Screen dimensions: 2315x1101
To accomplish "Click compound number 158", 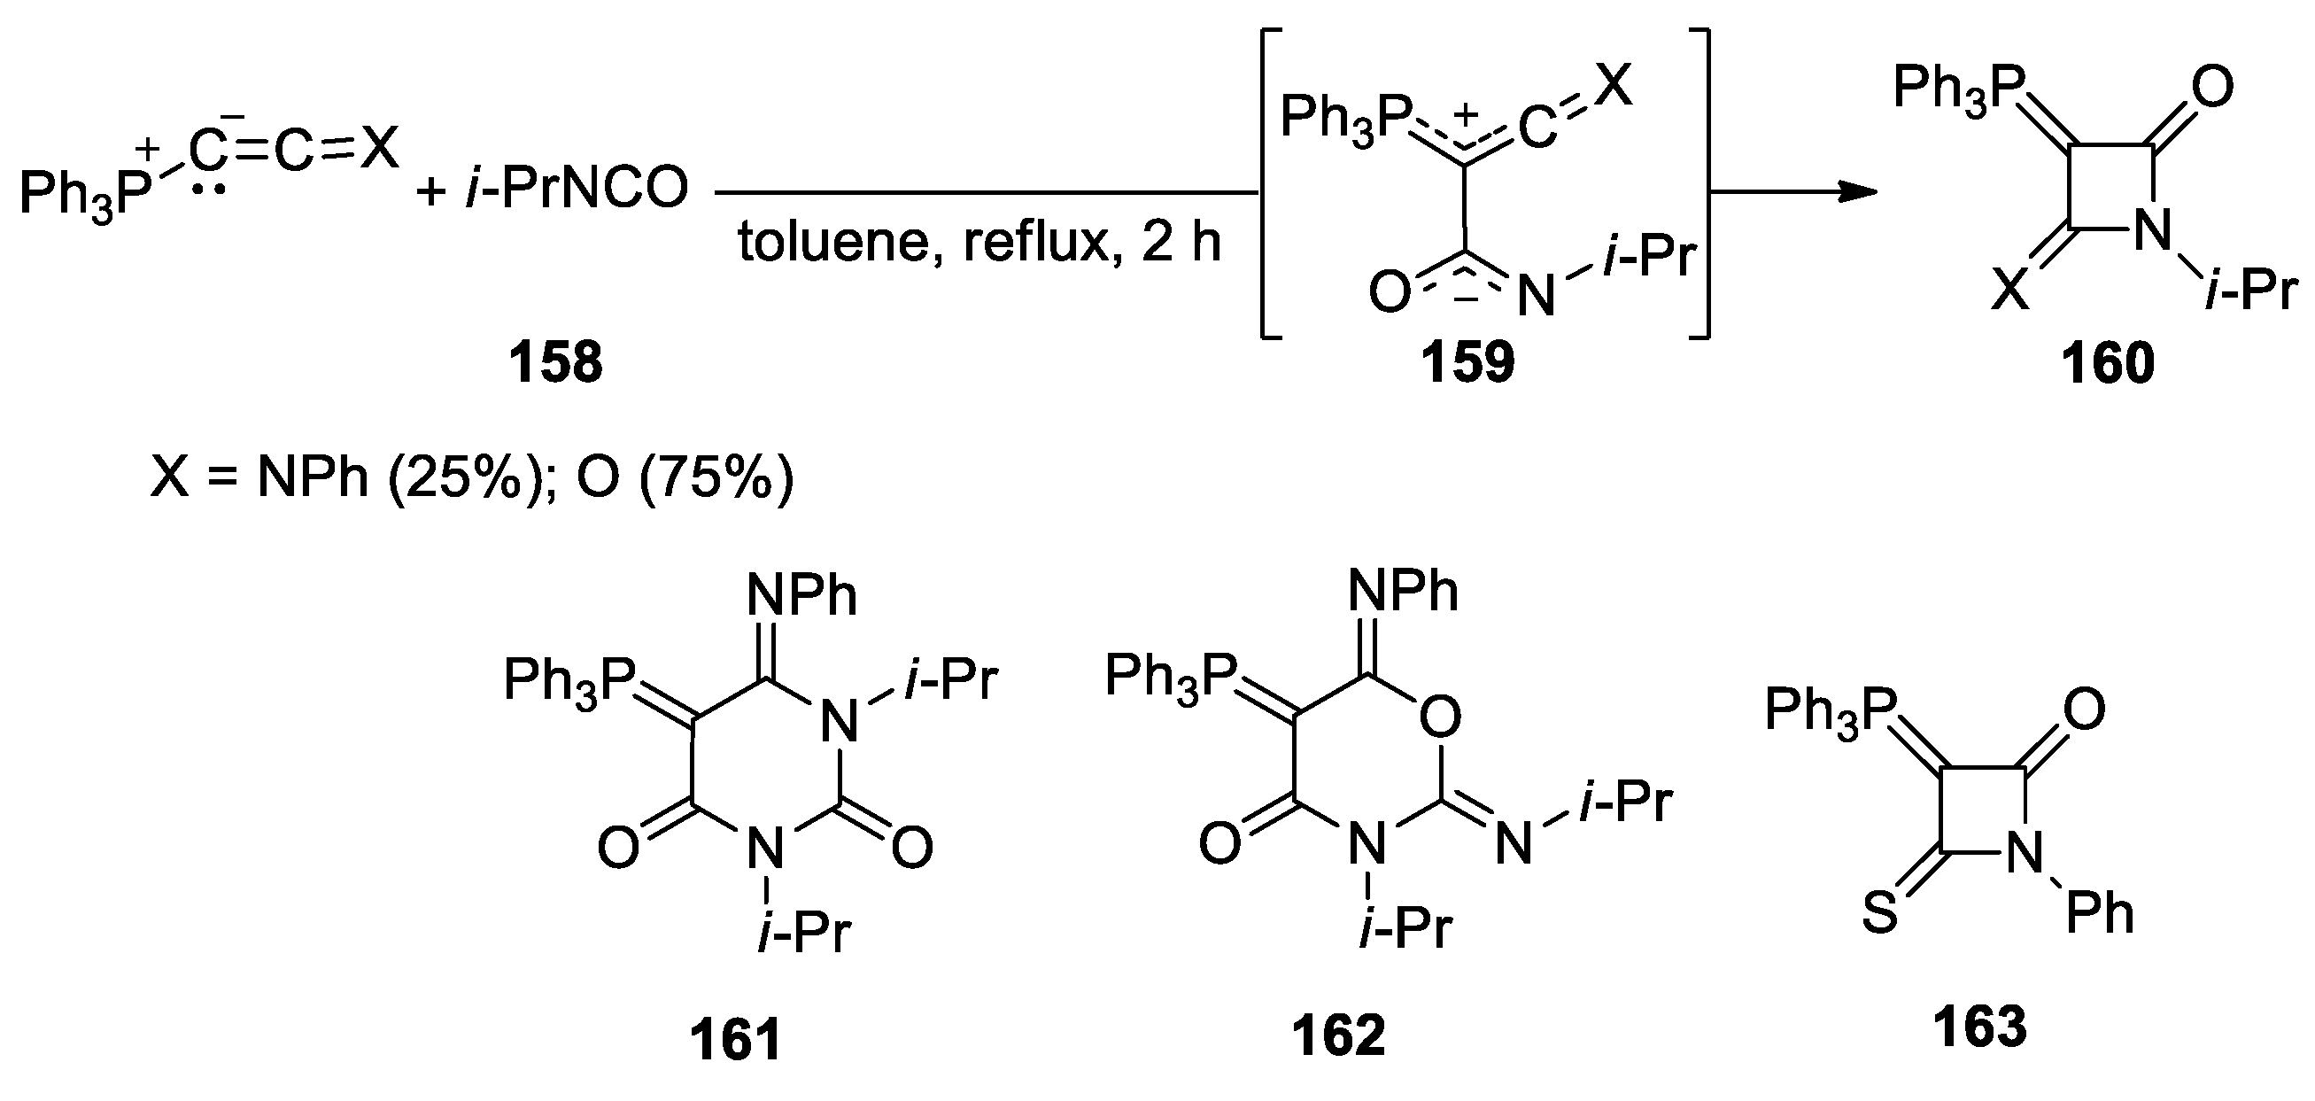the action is (555, 362).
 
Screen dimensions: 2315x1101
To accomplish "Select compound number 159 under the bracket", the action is (1467, 362).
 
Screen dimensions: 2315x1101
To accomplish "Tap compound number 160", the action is (2108, 364).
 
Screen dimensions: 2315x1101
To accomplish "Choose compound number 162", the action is (1338, 1035).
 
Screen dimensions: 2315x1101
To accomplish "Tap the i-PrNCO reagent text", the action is (576, 189).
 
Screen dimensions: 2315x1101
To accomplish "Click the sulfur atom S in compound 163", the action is (1879, 914).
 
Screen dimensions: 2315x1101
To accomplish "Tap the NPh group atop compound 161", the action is (801, 594).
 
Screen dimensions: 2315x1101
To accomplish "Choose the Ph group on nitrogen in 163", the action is (2099, 913).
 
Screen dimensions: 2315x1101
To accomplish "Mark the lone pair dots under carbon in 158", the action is (208, 192).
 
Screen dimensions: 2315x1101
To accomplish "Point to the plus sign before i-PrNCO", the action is (432, 190).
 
